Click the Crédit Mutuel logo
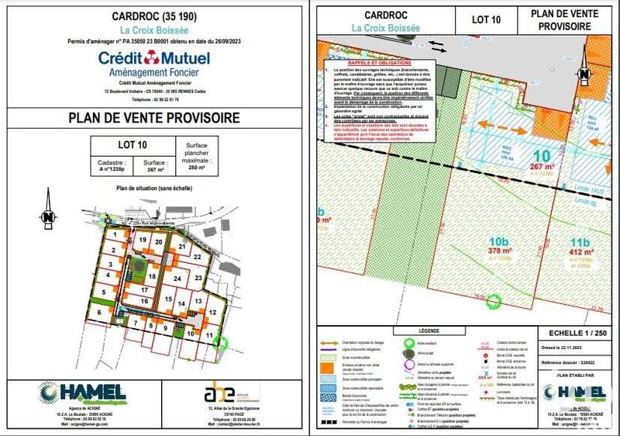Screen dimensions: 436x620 tap(153, 61)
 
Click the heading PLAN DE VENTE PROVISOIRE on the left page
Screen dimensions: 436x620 tap(153, 117)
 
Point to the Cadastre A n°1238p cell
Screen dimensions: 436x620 tap(112, 164)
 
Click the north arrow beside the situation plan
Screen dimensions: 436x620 tap(48, 217)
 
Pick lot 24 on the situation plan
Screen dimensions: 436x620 tap(177, 279)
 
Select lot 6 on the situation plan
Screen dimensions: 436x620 tap(99, 312)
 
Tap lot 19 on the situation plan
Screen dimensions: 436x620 tap(142, 240)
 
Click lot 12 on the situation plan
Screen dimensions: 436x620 tap(212, 312)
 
